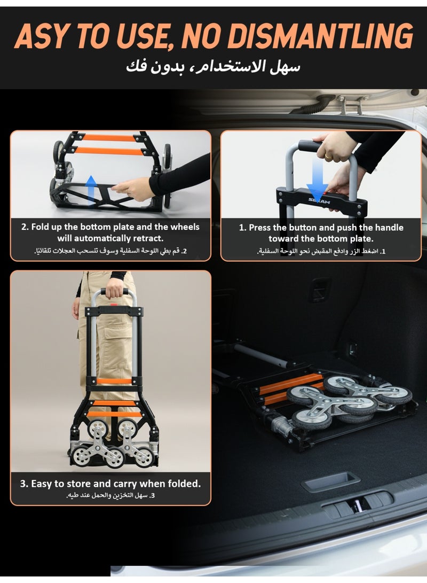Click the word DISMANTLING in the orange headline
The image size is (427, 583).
tap(320, 36)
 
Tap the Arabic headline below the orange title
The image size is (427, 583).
tap(213, 67)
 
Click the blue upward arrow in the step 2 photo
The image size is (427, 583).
tap(91, 190)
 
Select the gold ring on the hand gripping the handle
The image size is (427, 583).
tap(329, 157)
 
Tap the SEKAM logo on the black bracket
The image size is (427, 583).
tap(319, 201)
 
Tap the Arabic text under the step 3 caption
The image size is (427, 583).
tap(110, 495)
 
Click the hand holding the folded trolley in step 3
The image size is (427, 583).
tap(115, 288)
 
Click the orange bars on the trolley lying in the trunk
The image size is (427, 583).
tap(290, 388)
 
